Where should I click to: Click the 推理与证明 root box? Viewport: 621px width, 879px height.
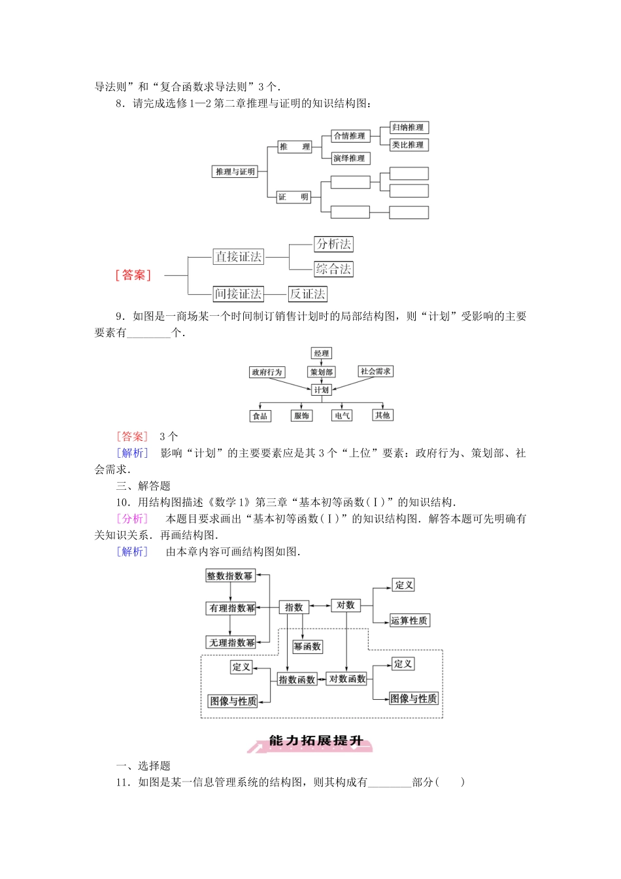[x=235, y=171]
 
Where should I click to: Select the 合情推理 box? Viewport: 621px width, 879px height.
[x=350, y=136]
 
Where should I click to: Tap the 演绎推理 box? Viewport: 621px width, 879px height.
[x=350, y=158]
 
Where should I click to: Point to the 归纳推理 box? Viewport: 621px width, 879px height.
[x=408, y=128]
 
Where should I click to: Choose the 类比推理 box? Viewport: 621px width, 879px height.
[x=408, y=145]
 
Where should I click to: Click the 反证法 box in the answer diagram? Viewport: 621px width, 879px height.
[x=307, y=294]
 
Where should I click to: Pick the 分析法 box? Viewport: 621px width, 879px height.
[x=333, y=244]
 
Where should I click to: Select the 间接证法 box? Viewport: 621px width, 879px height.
[x=239, y=294]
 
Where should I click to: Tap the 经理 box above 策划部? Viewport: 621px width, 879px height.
[x=321, y=353]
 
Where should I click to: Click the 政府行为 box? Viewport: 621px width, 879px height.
[x=267, y=372]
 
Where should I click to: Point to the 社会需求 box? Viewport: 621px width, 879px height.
[x=375, y=371]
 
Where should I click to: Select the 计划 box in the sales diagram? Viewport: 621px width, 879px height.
[x=321, y=390]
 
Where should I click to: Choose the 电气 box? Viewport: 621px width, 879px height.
[x=342, y=415]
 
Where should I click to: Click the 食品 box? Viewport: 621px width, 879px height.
[x=260, y=415]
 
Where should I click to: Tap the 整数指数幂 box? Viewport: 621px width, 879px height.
[x=229, y=576]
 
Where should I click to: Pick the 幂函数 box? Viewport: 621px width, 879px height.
[x=307, y=647]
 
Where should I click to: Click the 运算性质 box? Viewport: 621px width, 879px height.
[x=409, y=621]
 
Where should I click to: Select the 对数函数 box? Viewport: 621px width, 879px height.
[x=347, y=679]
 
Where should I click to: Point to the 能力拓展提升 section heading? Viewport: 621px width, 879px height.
[x=316, y=741]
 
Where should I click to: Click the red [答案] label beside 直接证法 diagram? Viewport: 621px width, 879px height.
[x=133, y=275]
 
